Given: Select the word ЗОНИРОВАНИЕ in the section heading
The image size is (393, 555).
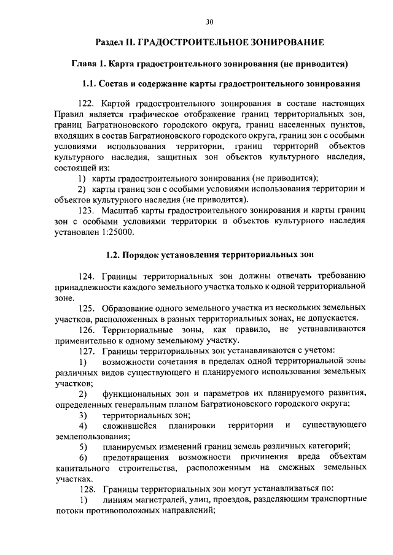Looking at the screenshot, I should pyautogui.click(x=284, y=43).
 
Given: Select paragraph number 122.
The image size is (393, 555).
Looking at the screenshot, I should pyautogui.click(x=90, y=105).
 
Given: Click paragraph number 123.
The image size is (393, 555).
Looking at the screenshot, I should pyautogui.click(x=90, y=210).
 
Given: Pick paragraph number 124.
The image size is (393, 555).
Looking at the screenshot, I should pyautogui.click(x=90, y=275).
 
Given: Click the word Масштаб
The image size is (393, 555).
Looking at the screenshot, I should pyautogui.click(x=123, y=210).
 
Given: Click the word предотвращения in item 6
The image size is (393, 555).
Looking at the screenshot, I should pyautogui.click(x=134, y=457).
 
